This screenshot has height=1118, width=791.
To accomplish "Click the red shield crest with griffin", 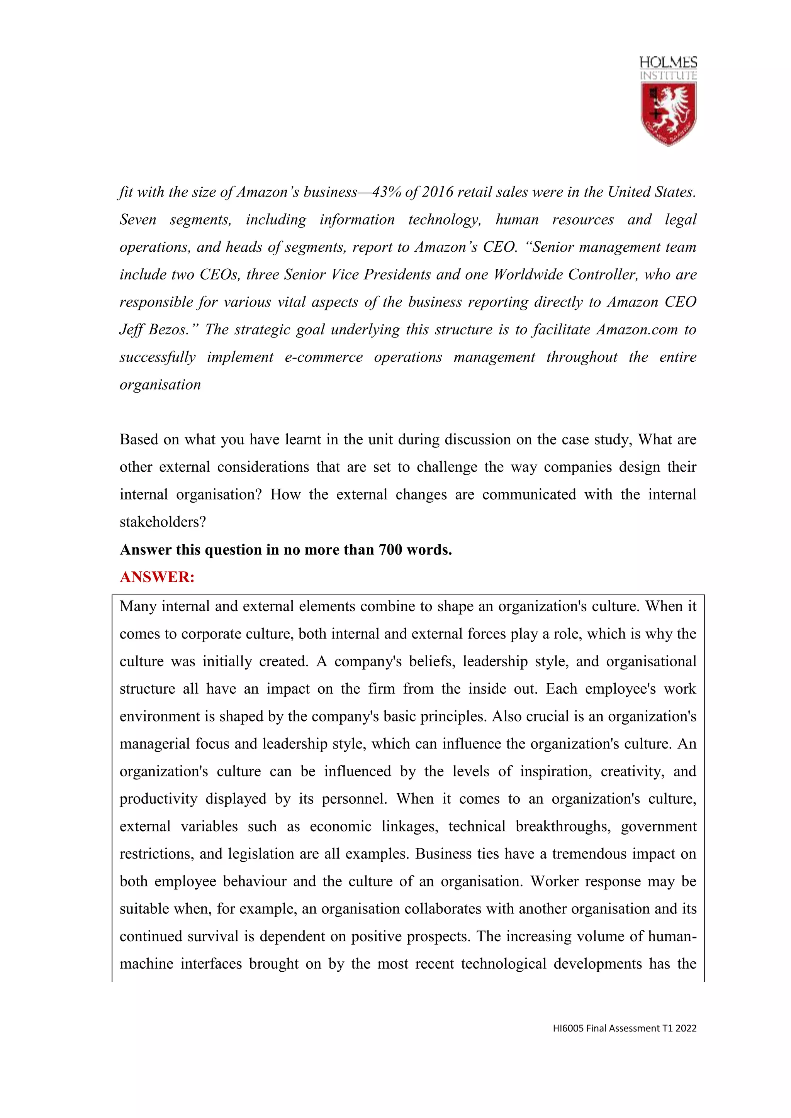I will tap(668, 113).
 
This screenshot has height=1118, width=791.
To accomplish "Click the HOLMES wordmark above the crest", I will tap(668, 62).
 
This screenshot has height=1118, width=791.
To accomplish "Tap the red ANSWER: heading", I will tap(157, 577).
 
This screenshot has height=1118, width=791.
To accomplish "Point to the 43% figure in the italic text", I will tap(386, 192).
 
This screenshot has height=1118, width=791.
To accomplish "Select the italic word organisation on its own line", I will tap(160, 385).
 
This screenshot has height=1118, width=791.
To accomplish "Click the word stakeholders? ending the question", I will tap(163, 522).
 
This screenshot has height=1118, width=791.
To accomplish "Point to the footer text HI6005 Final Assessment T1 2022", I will tap(625, 1028).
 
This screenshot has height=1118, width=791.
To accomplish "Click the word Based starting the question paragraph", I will tap(139, 440).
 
